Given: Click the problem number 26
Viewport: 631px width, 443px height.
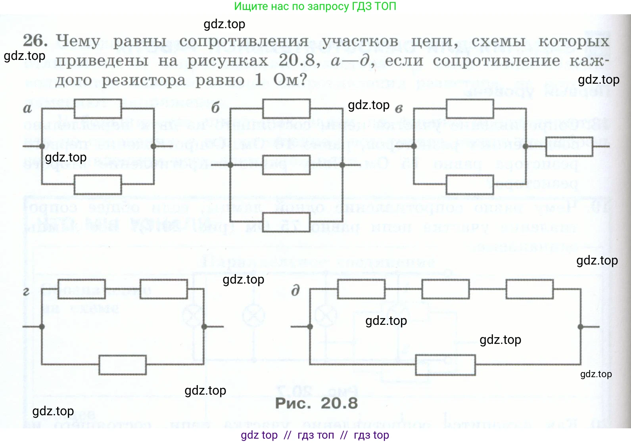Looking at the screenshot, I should [35, 40].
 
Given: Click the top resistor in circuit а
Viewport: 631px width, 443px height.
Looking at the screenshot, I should [98, 108].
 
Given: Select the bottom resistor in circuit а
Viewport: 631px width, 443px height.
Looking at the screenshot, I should [98, 184].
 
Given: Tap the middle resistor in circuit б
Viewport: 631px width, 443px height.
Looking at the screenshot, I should [286, 165].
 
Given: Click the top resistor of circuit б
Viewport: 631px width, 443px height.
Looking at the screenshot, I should [286, 108].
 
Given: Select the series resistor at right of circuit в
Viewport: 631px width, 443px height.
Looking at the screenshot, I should [570, 146].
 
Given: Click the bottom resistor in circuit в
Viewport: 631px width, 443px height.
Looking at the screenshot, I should [470, 184].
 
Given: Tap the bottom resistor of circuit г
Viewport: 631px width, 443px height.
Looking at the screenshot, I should [123, 364].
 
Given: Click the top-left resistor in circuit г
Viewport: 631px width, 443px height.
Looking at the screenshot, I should [82, 289].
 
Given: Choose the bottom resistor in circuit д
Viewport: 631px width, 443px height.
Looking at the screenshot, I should [445, 364].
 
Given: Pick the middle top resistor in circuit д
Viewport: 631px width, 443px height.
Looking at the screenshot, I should [445, 289].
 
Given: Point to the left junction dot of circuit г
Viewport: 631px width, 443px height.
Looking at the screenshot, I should [42, 327].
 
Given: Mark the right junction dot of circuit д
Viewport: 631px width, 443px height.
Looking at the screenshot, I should [580, 327].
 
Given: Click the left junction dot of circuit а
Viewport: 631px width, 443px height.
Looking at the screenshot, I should [42, 146].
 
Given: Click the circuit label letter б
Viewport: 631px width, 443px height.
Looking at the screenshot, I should [215, 108].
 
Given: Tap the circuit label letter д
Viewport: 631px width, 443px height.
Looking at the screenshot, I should [295, 291].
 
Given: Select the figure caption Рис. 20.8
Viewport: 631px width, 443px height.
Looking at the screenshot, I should [316, 403].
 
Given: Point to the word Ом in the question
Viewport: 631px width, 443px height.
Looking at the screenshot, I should [290, 80].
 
